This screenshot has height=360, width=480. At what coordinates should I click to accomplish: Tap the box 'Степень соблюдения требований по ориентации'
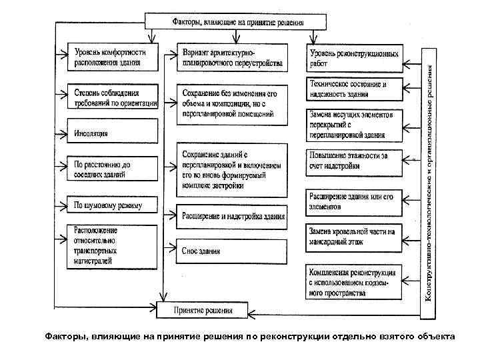(113, 97)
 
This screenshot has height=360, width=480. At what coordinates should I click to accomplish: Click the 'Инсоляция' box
(113, 133)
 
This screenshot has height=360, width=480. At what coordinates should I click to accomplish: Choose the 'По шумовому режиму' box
(113, 205)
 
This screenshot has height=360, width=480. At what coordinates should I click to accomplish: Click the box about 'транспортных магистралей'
(113, 245)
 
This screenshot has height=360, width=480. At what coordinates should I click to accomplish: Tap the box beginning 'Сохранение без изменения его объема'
(232, 104)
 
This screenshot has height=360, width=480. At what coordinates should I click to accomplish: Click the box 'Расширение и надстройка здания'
(232, 216)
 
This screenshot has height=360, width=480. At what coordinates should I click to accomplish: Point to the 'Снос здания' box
(232, 251)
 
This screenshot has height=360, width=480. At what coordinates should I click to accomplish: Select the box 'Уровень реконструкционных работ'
(355, 58)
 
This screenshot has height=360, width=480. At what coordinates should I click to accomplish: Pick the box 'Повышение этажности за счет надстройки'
(355, 162)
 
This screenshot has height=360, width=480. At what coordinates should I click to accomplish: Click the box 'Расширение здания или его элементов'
(355, 203)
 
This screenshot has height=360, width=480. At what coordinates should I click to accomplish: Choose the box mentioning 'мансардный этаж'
(355, 238)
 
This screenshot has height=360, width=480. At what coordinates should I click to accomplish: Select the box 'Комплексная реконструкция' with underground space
(355, 282)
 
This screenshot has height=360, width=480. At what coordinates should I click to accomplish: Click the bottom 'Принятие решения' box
(203, 310)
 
